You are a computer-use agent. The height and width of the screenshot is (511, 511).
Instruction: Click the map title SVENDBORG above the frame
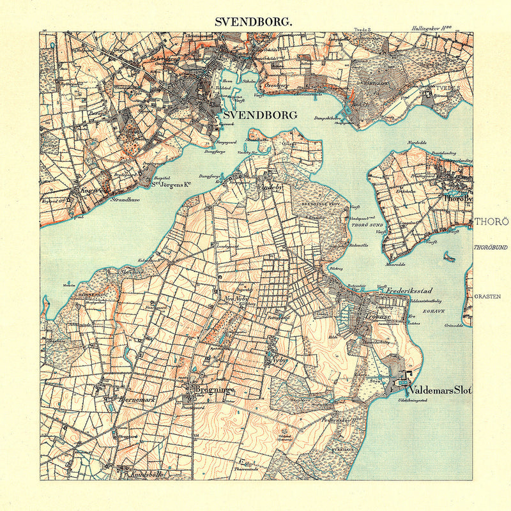(x=254, y=20)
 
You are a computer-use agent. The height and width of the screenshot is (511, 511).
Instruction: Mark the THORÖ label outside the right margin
(x=491, y=222)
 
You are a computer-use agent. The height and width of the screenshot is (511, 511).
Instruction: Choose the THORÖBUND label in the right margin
(x=491, y=247)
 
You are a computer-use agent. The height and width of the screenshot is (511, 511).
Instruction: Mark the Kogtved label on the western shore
(x=88, y=190)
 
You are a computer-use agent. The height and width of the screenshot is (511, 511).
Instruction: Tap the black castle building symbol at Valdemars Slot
(x=406, y=375)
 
